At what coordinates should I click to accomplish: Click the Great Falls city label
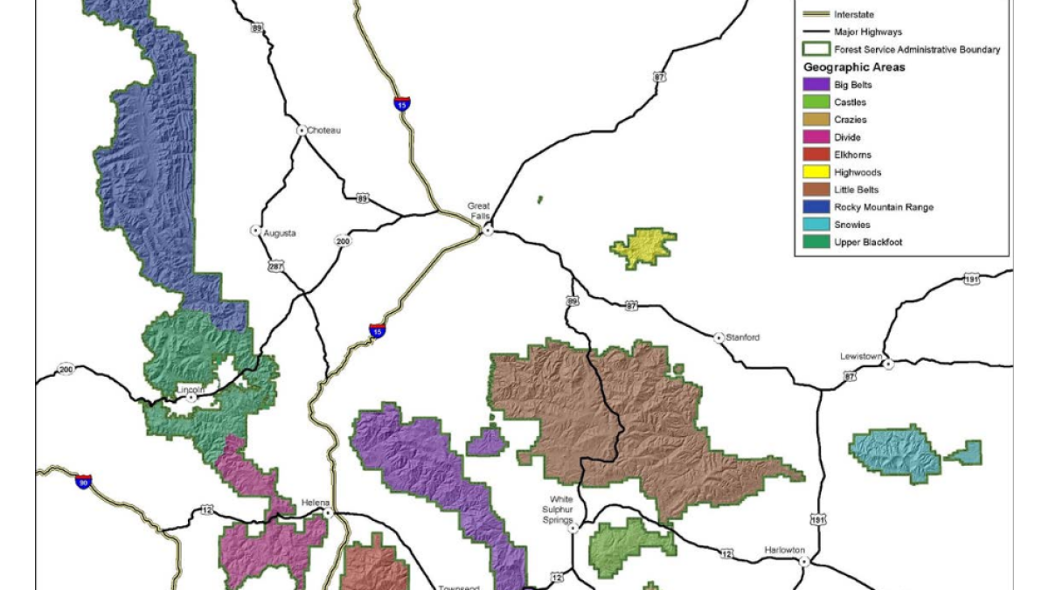tap(477, 212)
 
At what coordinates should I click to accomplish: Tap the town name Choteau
tap(323, 130)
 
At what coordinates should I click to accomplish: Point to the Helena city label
tap(316, 503)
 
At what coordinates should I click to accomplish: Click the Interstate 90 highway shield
tap(83, 481)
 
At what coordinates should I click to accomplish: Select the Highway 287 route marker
tap(276, 266)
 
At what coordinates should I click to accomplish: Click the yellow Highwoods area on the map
tap(645, 246)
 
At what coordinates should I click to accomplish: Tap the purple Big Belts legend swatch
tap(816, 85)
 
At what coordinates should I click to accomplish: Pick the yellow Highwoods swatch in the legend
tap(816, 172)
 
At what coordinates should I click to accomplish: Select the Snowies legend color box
tap(816, 225)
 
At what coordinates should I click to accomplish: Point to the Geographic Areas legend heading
tap(854, 67)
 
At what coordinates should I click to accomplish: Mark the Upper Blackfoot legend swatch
tap(816, 242)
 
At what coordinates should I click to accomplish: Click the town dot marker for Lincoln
tap(191, 396)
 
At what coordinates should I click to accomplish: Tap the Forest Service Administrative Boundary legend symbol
tap(816, 50)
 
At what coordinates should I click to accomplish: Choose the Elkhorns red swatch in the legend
tap(816, 155)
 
